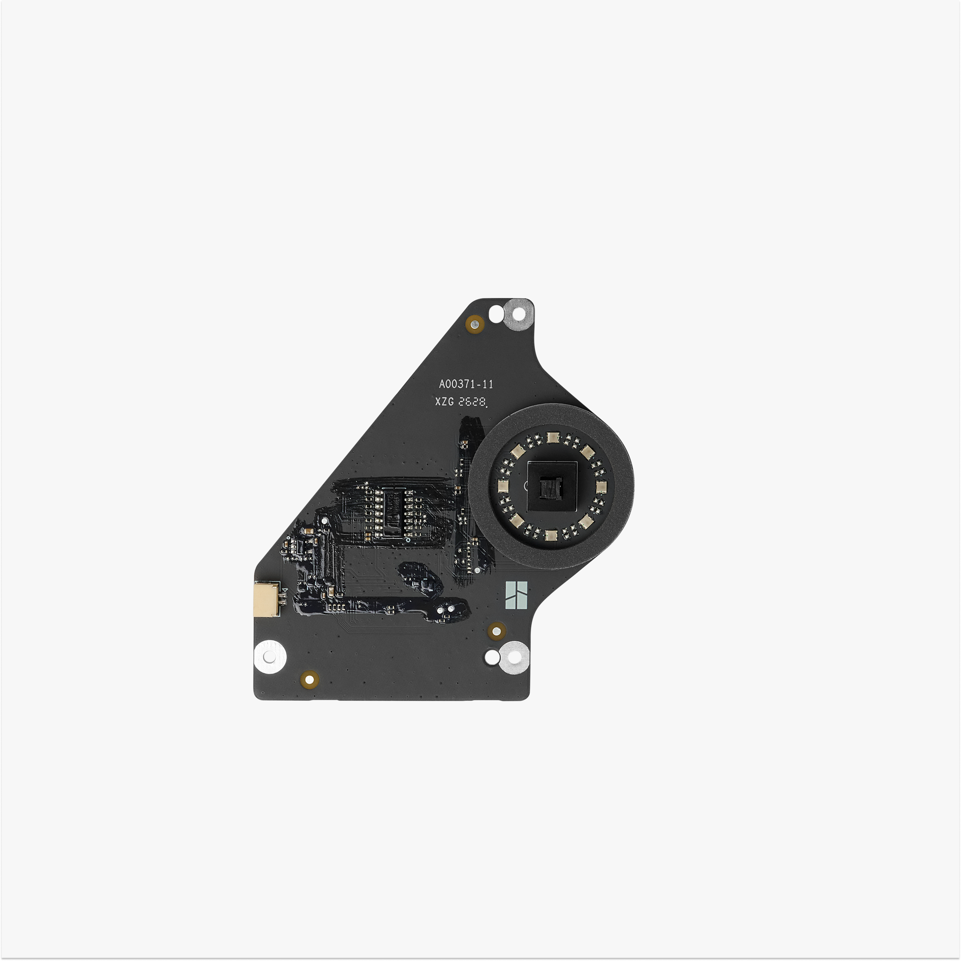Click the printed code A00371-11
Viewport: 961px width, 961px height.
(x=466, y=384)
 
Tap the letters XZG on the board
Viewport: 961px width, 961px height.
(x=444, y=402)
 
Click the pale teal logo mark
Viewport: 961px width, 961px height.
(x=517, y=595)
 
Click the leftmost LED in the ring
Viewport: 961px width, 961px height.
(x=503, y=486)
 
